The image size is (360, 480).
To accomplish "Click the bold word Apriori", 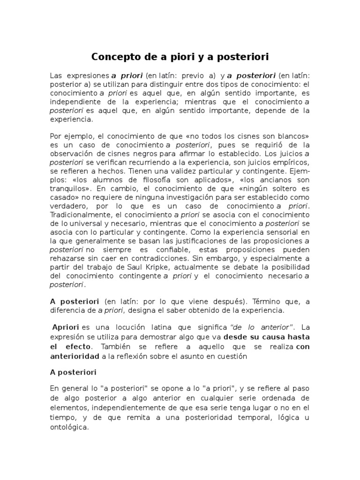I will pos(66,327).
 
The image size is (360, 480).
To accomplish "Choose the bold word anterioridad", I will pos(75,356).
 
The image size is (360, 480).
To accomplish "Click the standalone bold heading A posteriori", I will pos(73,372).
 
